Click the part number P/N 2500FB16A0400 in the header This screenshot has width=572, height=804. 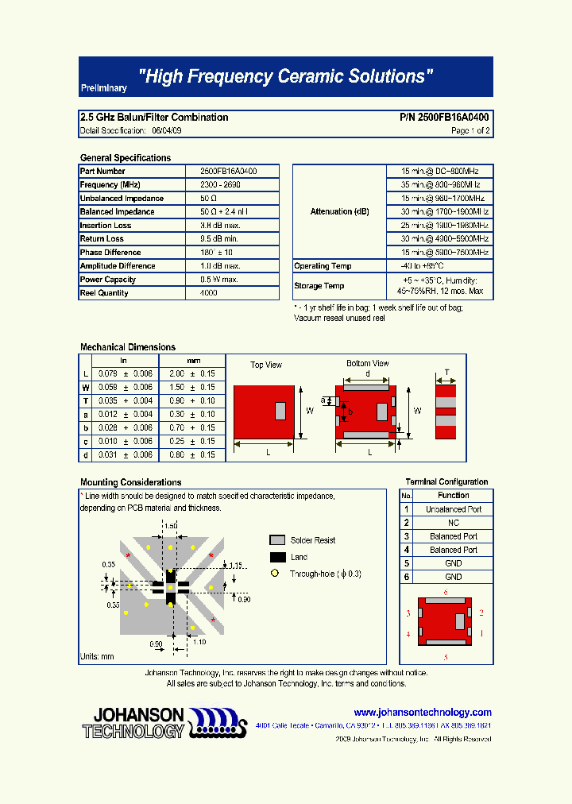click(x=444, y=118)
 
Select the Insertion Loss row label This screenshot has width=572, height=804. click(x=106, y=226)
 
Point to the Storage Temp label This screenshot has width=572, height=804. click(x=319, y=286)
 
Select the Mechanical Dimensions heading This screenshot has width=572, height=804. click(x=128, y=347)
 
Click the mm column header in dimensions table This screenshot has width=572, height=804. click(x=194, y=361)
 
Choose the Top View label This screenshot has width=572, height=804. click(x=266, y=365)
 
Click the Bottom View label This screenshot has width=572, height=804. click(x=368, y=364)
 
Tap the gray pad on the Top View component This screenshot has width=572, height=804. click(x=280, y=411)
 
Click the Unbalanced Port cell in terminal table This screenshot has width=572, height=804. click(x=453, y=509)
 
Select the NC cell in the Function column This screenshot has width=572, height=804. click(x=453, y=523)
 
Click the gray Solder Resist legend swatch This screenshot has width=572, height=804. click(x=277, y=540)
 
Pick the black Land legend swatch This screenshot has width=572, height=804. click(x=277, y=557)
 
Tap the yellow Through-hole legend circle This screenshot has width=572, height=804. click(x=276, y=574)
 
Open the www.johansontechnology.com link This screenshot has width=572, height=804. click(x=423, y=713)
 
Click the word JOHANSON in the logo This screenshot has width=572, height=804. click(x=134, y=715)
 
